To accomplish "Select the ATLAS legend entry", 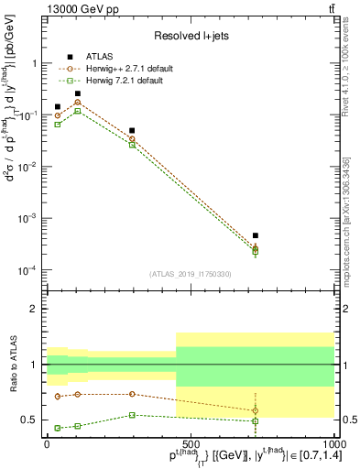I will pos(98,55).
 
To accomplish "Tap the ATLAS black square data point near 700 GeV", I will pos(256,235).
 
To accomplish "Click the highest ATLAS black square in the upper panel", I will pos(78,93).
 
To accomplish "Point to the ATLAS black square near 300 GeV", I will pos(133,131).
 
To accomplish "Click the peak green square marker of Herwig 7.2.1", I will pos(78,111).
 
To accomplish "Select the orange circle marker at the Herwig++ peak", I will pos(78,103).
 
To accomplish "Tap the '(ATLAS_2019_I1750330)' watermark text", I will pos(191,274).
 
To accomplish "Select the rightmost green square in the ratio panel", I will pos(256,421).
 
